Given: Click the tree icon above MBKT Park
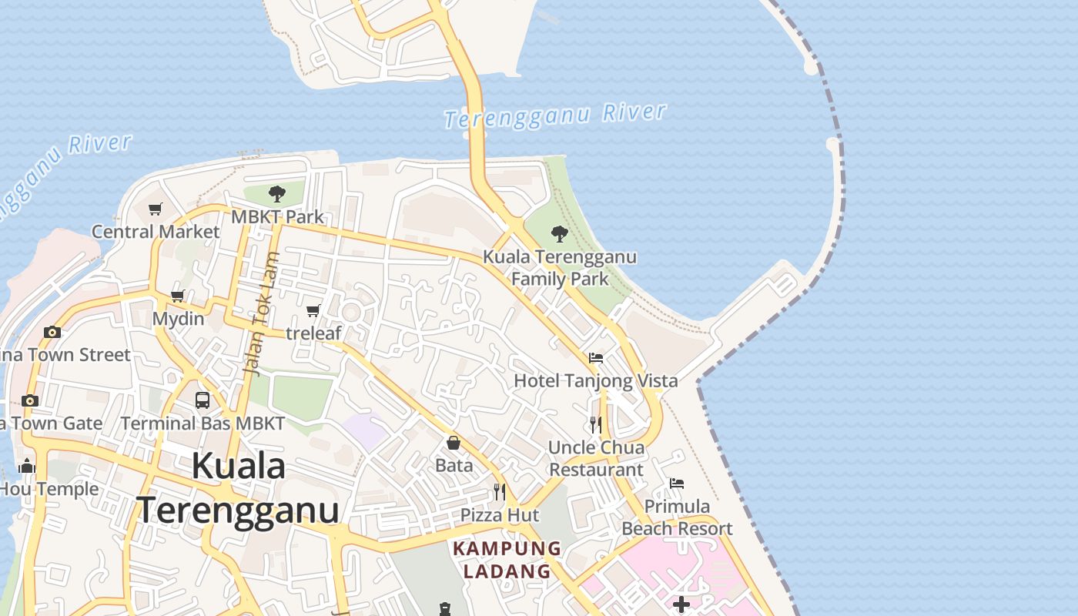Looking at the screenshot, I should (277, 194).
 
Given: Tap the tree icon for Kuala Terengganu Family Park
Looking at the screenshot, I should (560, 233).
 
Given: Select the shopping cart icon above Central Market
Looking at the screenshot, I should (156, 209).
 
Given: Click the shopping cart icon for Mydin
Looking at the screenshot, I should (178, 296).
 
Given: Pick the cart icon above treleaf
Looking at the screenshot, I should (313, 310).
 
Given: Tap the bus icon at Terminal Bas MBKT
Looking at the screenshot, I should (203, 400).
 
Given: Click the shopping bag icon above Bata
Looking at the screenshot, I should (454, 443).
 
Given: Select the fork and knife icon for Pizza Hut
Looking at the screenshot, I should (500, 491).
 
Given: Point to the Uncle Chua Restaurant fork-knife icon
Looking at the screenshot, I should (595, 424).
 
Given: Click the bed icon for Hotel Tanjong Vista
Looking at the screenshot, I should (595, 358).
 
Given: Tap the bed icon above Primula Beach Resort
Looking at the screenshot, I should (677, 484).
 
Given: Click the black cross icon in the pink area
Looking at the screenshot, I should (681, 604).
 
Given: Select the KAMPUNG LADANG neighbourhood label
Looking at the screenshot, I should (507, 560).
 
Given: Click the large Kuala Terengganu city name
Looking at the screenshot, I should (239, 488).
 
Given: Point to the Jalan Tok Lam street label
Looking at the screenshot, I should (261, 314).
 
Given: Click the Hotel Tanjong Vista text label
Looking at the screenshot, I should (596, 380).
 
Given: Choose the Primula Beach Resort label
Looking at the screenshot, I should (677, 517).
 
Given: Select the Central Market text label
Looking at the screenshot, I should (156, 231).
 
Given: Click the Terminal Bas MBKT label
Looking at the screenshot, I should (203, 423).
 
